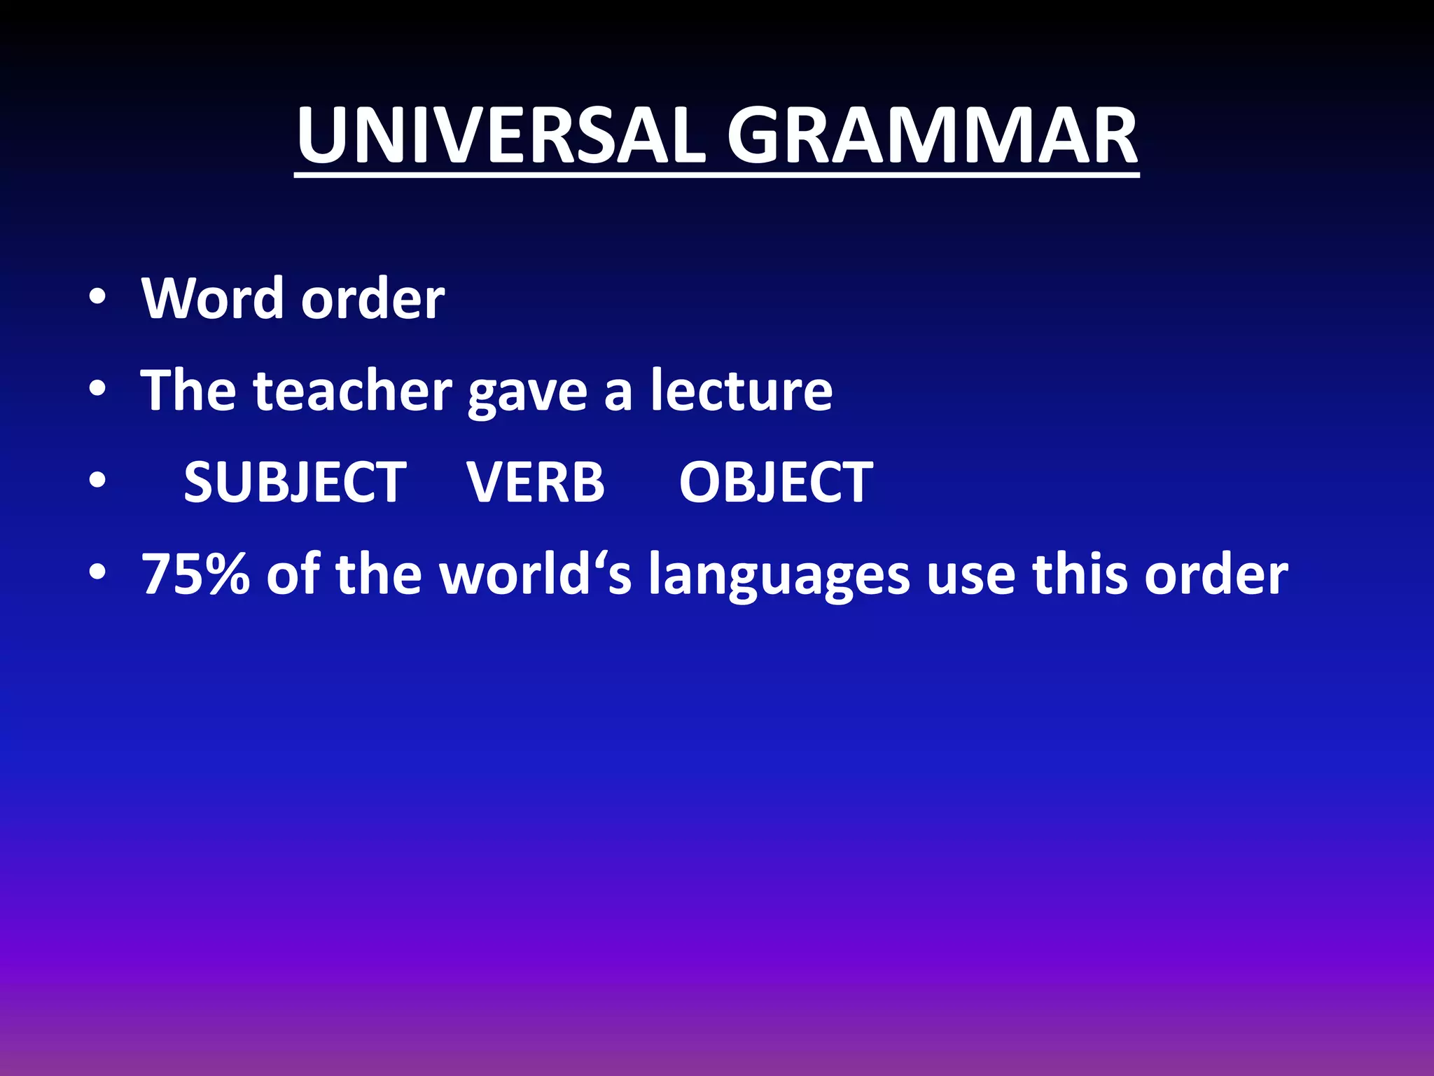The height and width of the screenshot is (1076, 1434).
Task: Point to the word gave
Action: (x=527, y=394)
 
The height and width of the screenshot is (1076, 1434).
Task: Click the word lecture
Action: (x=742, y=390)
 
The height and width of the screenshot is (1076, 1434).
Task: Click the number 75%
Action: (x=196, y=574)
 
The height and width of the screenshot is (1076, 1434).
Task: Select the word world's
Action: (x=535, y=574)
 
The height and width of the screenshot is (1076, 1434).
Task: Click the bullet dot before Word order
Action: (x=97, y=298)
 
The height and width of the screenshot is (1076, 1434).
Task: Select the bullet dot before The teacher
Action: (x=97, y=389)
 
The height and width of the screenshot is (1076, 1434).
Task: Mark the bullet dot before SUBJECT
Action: (x=97, y=481)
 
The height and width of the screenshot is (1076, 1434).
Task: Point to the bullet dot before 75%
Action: (x=97, y=573)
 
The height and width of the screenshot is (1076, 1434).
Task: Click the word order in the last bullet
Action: (x=1216, y=574)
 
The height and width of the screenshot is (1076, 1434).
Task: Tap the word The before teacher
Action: (x=188, y=390)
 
